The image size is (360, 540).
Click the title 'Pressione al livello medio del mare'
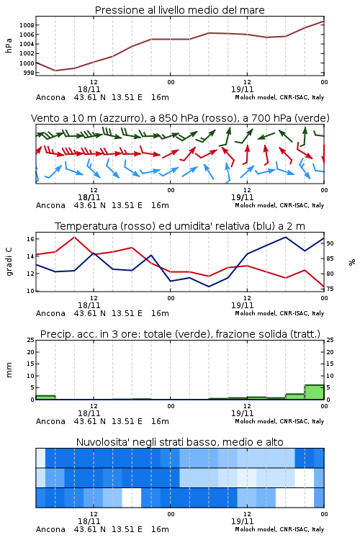[179, 10]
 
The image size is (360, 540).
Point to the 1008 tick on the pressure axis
[27, 25]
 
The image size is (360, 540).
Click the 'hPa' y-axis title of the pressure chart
[9, 45]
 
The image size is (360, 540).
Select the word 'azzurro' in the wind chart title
[120, 118]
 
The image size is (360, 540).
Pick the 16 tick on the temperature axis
[30, 239]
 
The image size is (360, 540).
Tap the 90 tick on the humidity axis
[330, 243]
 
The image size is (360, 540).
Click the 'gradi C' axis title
[9, 262]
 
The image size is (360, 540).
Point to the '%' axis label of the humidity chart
[352, 262]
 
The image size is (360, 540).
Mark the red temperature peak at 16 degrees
[74, 237]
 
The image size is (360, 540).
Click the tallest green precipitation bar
[314, 392]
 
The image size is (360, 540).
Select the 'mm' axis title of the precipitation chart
[9, 369]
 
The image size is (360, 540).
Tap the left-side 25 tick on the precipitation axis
[31, 340]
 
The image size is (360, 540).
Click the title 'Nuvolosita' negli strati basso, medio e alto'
[179, 442]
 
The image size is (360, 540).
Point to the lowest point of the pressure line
[55, 71]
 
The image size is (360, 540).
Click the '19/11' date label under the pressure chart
[242, 89]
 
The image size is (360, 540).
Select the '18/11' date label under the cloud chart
[89, 521]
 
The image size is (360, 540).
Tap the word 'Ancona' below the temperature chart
[50, 313]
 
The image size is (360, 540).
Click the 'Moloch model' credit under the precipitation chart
[256, 421]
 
